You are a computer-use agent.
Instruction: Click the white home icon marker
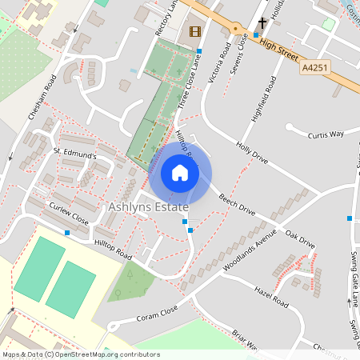[x=180, y=173]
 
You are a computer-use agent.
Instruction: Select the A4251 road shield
[x=316, y=70]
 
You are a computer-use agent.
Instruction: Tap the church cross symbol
[x=263, y=22]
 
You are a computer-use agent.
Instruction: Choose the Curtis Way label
[x=326, y=134]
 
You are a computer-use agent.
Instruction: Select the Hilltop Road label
[x=111, y=251]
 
